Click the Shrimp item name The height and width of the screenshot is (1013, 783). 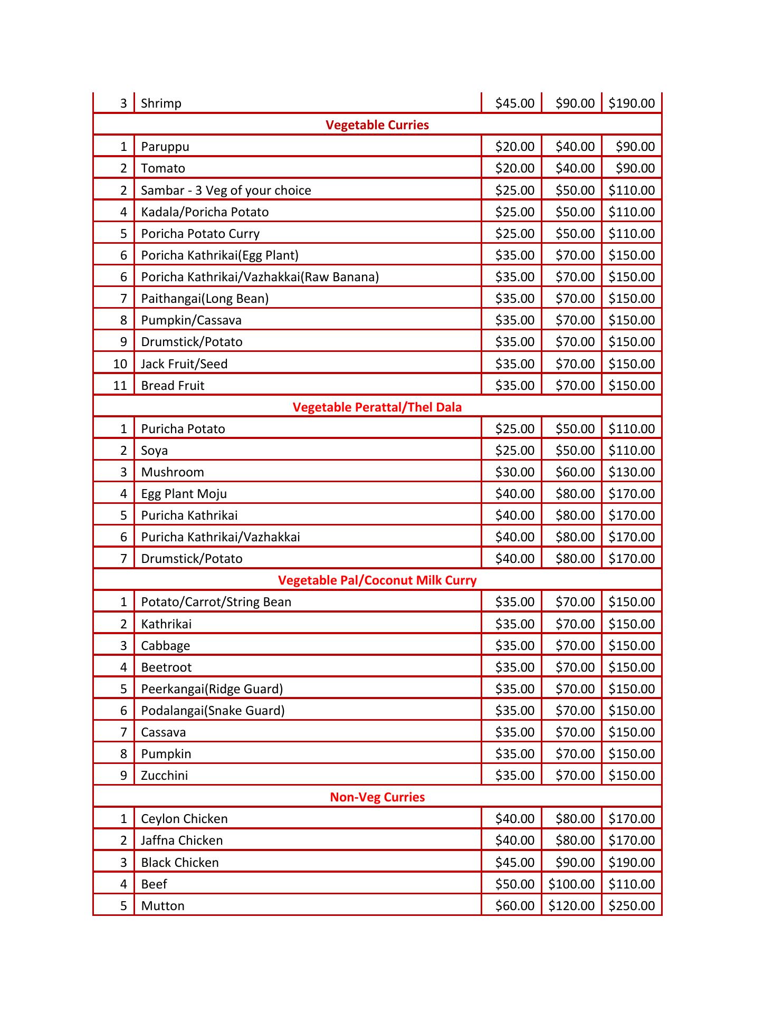click(161, 103)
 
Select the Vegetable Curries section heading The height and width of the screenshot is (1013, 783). click(377, 125)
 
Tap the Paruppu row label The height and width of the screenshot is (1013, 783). click(165, 147)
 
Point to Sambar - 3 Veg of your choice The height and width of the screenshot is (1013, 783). click(226, 190)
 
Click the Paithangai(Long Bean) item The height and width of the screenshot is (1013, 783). click(205, 299)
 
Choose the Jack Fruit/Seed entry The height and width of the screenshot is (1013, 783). click(184, 364)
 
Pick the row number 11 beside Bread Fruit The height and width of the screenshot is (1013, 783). click(120, 386)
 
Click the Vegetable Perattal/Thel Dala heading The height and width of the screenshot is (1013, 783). click(377, 407)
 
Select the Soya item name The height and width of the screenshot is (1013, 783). click(154, 451)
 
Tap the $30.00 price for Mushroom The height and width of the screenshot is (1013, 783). click(514, 472)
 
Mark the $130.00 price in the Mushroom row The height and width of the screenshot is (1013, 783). click(632, 472)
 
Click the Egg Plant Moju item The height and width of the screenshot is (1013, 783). click(184, 494)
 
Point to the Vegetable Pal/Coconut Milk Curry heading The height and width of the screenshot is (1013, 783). click(377, 580)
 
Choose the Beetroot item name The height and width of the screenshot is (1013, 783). click(166, 667)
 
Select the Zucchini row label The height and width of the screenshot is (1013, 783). click(164, 776)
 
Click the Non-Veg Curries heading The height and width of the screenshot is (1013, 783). click(377, 797)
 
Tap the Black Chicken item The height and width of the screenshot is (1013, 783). click(179, 863)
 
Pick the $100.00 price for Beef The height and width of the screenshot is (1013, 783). click(571, 884)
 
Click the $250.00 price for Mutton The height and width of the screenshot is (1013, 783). click(632, 906)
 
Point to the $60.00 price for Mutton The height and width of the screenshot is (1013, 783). click(514, 906)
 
